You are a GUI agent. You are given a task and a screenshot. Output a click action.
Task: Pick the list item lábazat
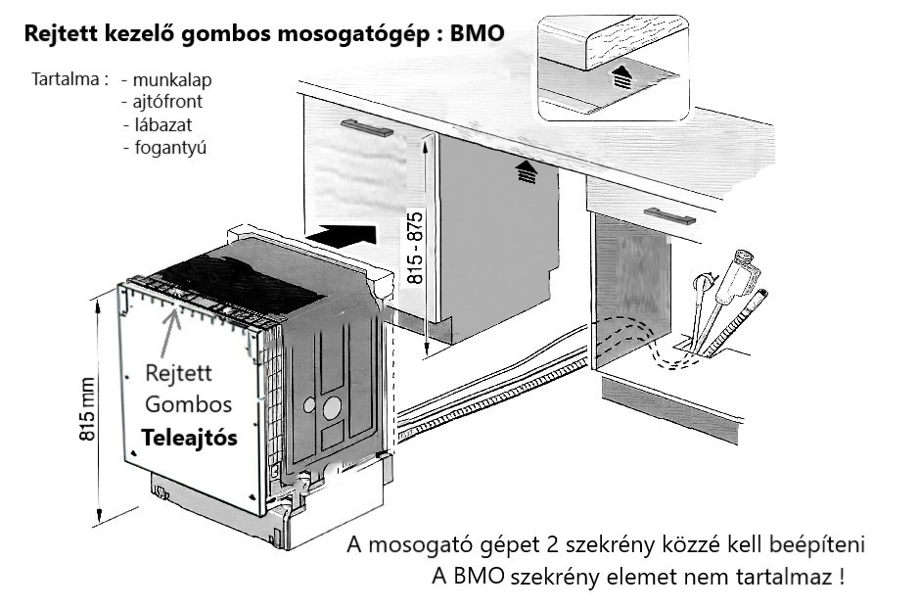coord(161,124)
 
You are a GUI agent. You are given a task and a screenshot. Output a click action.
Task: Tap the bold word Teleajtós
coord(189,440)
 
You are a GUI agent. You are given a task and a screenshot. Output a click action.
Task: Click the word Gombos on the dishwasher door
coord(188,404)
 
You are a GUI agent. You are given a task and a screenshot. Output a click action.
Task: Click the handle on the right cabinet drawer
coord(669,216)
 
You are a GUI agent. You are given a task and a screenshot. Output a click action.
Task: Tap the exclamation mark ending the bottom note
coord(841,577)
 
